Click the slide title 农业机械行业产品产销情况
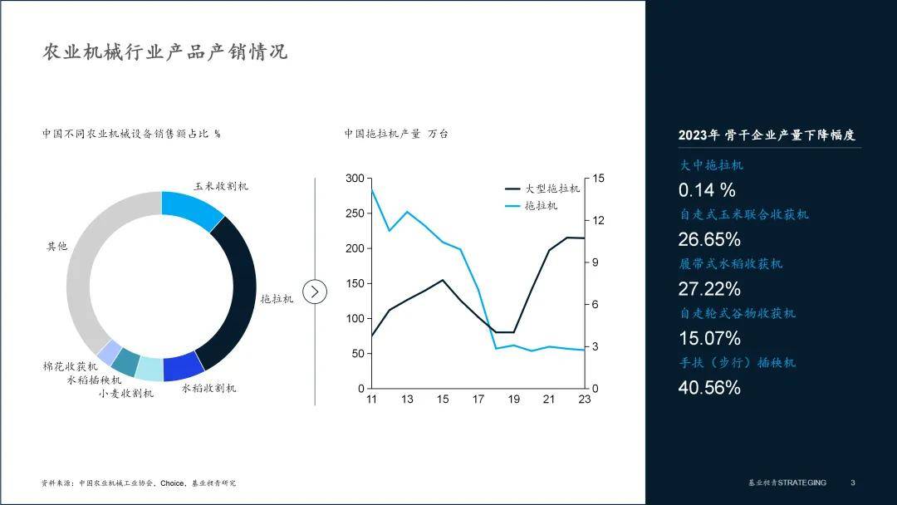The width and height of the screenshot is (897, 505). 164,52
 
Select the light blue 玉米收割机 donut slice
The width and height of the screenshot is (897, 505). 192,209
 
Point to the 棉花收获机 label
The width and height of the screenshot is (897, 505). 71,366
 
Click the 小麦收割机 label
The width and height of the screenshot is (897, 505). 126,394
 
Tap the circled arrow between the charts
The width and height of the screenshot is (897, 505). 315,292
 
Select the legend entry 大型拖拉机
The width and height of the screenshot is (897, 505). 542,189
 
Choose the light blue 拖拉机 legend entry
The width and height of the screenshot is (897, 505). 531,205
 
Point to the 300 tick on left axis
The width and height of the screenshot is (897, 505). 355,179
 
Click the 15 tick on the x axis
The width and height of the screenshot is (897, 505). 443,400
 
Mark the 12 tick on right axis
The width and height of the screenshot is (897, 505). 598,220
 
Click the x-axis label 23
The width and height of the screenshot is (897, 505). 584,400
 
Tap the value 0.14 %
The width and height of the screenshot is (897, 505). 707,190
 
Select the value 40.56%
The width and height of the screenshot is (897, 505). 709,388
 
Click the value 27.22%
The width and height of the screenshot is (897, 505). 709,289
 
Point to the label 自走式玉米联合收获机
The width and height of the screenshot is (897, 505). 744,214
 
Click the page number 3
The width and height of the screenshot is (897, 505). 852,483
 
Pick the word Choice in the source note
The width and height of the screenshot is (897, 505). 172,483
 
